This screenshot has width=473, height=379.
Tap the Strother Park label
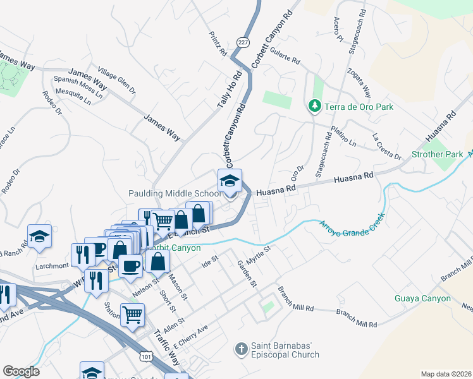click(437, 154)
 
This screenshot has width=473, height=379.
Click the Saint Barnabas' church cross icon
click(241, 349)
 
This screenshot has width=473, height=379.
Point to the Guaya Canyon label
click(422, 299)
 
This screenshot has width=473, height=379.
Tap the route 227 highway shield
click(242, 42)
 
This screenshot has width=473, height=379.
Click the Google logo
click(21, 371)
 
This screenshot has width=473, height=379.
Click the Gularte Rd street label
click(285, 57)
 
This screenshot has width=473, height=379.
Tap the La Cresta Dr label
click(386, 146)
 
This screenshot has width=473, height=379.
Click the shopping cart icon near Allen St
click(132, 314)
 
